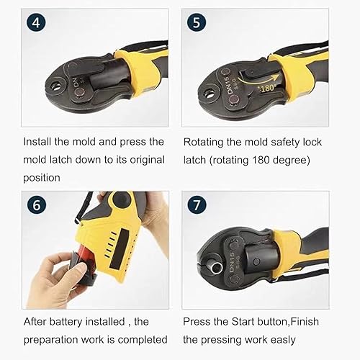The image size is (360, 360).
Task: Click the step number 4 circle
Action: pyautogui.click(x=36, y=23)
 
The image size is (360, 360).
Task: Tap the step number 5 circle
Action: pyautogui.click(x=197, y=23)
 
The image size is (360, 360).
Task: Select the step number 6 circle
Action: pyautogui.click(x=36, y=205)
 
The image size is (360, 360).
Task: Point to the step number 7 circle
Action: pyautogui.click(x=197, y=205)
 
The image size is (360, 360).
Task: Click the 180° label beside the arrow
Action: pyautogui.click(x=267, y=89)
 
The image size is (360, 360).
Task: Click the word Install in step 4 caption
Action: pyautogui.click(x=37, y=142)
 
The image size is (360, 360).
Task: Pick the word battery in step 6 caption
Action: pyautogui.click(x=66, y=322)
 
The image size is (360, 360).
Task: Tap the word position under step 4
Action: pyautogui.click(x=42, y=178)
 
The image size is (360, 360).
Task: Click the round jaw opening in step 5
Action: pyautogui.click(x=209, y=94)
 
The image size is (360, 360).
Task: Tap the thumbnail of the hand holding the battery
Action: pyautogui.click(x=95, y=250)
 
